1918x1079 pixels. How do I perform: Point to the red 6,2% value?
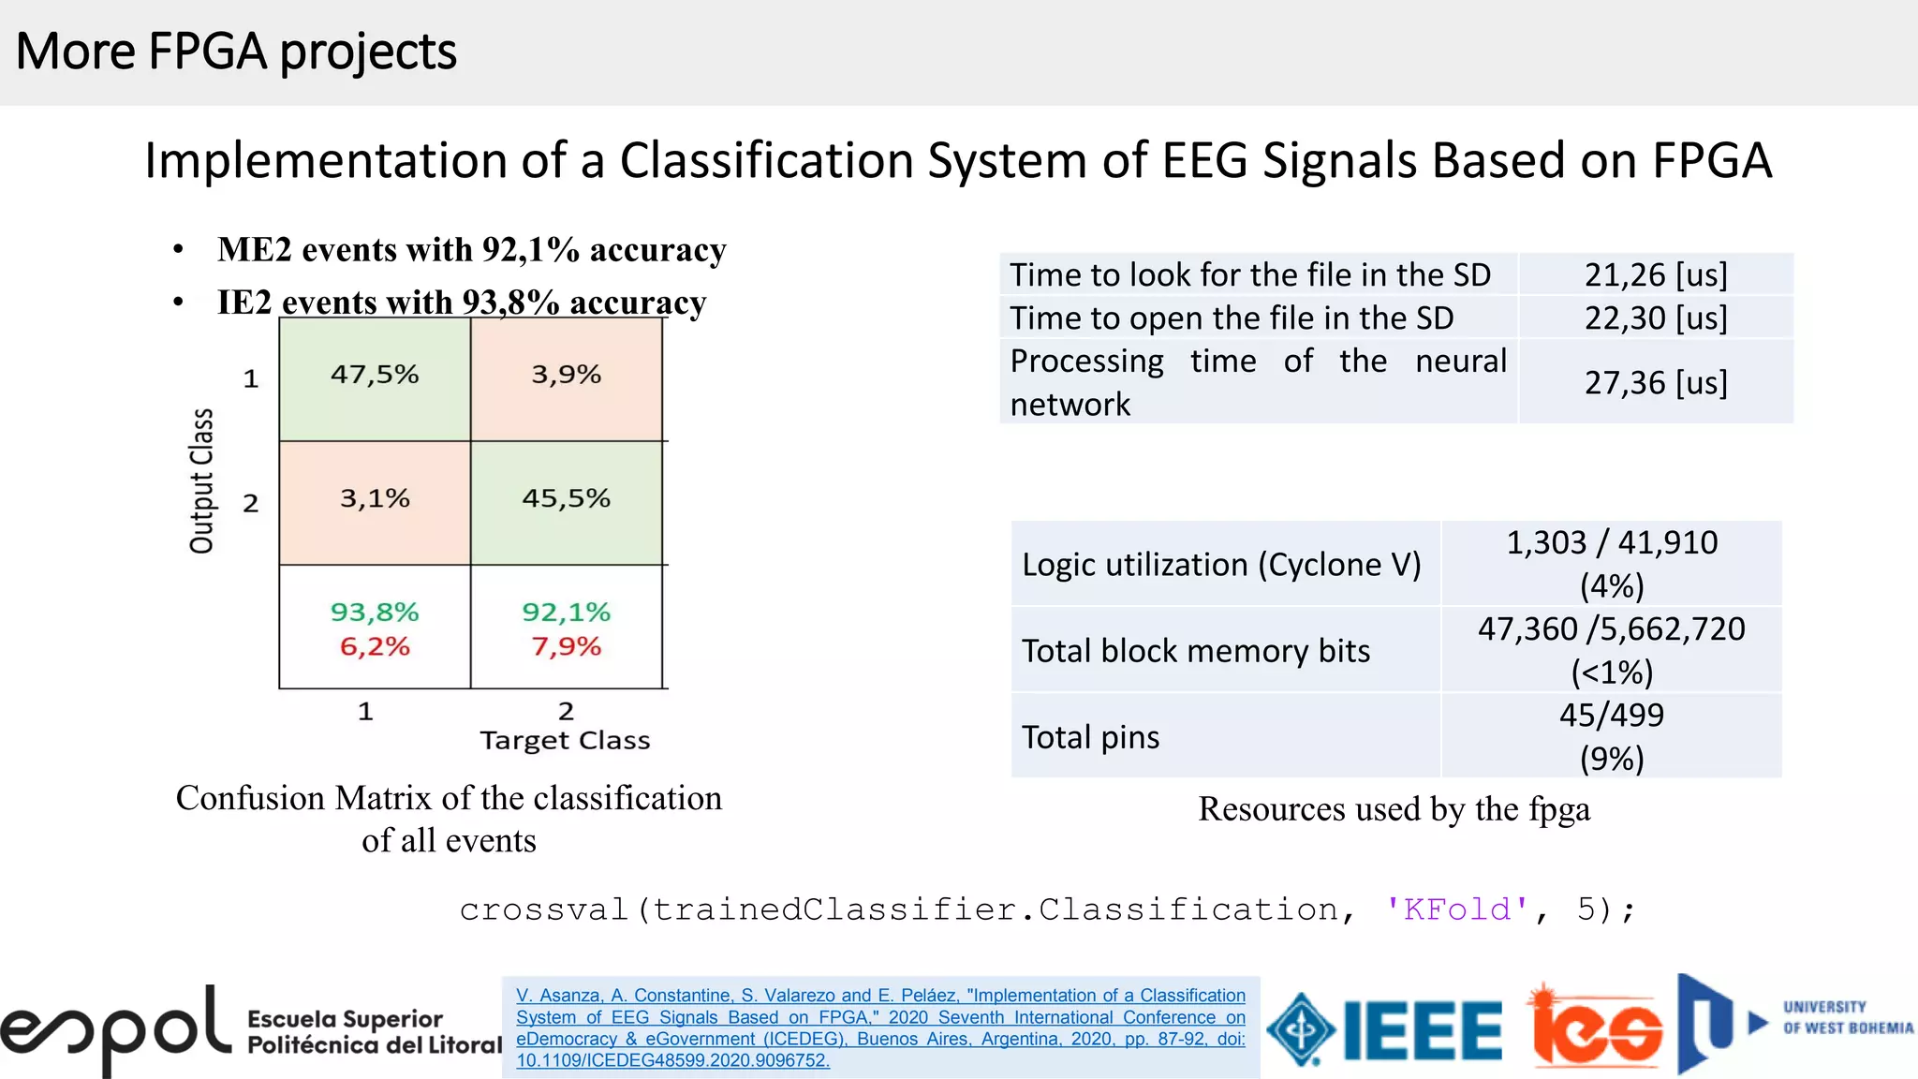coord(375,646)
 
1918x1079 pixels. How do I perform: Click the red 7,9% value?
coord(566,646)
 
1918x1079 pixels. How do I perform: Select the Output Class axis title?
coord(201,480)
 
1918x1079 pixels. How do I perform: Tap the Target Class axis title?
coord(565,741)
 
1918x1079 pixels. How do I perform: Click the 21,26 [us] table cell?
coord(1655,274)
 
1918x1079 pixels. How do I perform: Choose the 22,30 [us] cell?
coord(1655,318)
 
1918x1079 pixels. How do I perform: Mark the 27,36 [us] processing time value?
coord(1655,382)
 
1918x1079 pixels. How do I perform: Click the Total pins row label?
coord(1090,737)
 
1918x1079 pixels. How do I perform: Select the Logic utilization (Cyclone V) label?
coord(1221,565)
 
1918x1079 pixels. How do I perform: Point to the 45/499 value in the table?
coord(1611,716)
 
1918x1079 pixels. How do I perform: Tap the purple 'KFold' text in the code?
coord(1456,909)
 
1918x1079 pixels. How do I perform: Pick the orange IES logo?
coord(1597,1027)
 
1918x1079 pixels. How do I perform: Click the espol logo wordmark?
coord(115,1030)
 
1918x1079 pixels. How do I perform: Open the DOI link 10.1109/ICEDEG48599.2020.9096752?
coord(672,1060)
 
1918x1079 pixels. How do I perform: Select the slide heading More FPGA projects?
coord(236,52)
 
